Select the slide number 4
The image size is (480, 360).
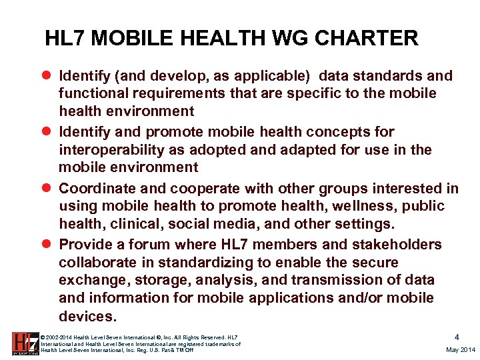pyautogui.click(x=456, y=337)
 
